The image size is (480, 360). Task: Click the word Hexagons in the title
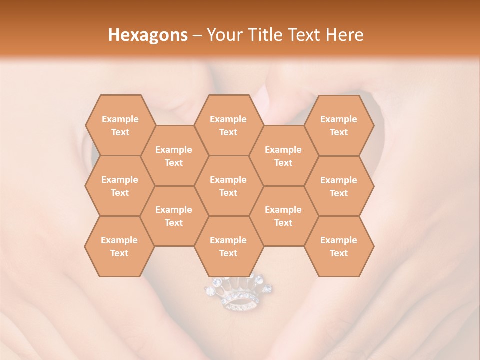click(x=148, y=35)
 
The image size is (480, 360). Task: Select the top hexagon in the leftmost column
click(x=120, y=125)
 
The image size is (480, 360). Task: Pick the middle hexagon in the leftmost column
click(x=120, y=186)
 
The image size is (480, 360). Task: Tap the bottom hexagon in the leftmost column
click(x=119, y=246)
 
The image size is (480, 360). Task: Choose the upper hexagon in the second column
click(x=174, y=156)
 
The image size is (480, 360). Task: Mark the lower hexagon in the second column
click(x=174, y=216)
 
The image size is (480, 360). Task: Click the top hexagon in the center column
click(x=228, y=125)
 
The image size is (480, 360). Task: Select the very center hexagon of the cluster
click(x=228, y=186)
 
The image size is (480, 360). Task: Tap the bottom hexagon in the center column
click(x=228, y=246)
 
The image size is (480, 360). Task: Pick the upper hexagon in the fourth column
click(x=283, y=156)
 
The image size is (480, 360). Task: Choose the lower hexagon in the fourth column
click(x=283, y=216)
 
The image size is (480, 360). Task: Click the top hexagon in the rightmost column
click(x=339, y=125)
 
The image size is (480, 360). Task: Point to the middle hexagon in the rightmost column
click(x=339, y=186)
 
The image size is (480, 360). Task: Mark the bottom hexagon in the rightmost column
click(x=339, y=246)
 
